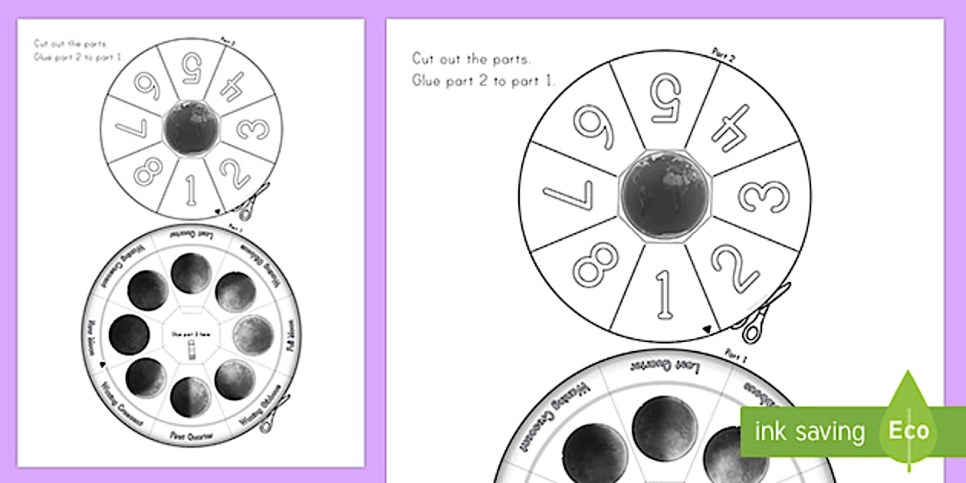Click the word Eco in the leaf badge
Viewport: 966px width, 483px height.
click(x=909, y=431)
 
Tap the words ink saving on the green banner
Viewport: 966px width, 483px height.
click(x=809, y=432)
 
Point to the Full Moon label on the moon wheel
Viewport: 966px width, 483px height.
click(x=291, y=336)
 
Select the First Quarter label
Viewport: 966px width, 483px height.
click(x=192, y=435)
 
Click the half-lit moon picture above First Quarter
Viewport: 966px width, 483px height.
click(x=191, y=397)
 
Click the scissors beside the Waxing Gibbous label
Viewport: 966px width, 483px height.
click(x=274, y=413)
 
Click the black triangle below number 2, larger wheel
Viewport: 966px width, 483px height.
click(x=708, y=329)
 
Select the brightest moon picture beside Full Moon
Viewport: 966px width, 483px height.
click(x=252, y=335)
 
